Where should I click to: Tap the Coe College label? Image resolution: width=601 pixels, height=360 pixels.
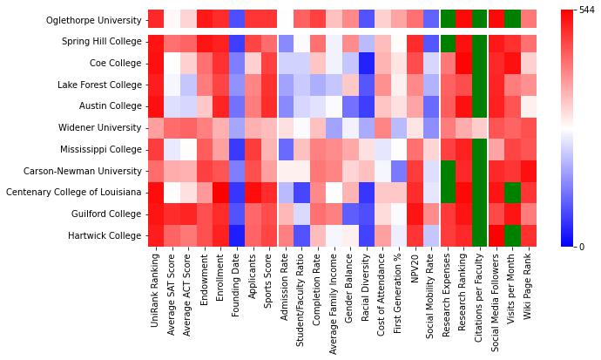(x=115, y=63)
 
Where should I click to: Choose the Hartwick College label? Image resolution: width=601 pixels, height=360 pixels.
(x=107, y=235)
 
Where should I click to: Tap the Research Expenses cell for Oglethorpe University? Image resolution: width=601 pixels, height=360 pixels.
(x=448, y=19)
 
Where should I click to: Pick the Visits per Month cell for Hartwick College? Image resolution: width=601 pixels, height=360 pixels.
(x=512, y=235)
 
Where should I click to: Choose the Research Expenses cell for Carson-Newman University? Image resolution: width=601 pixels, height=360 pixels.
(x=448, y=171)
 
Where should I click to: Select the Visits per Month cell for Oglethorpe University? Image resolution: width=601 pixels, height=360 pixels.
(x=512, y=19)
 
